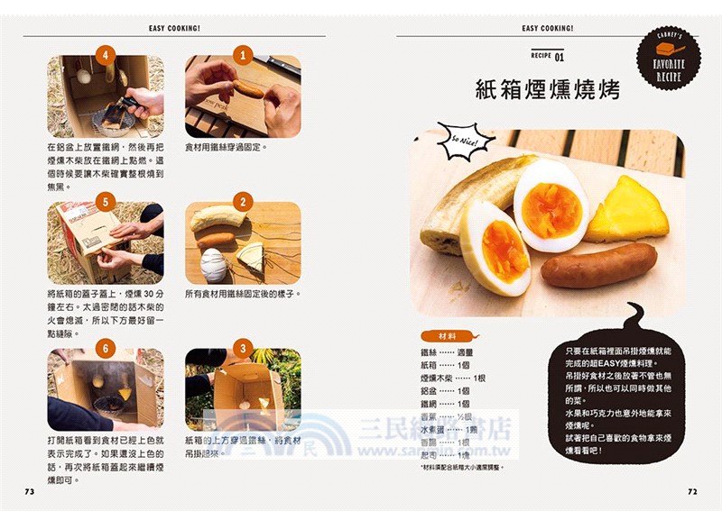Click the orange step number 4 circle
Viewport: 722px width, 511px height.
click(106, 56)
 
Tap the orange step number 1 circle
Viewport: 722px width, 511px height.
click(242, 56)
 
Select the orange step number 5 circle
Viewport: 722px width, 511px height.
click(106, 202)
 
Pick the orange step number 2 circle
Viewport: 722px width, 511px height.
click(242, 202)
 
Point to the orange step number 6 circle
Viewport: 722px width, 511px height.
click(106, 349)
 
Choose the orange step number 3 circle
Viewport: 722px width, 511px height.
click(242, 349)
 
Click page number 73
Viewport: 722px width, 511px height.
click(29, 491)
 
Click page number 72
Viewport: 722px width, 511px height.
click(692, 491)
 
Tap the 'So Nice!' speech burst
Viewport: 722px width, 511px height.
click(466, 141)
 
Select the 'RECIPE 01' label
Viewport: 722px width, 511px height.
click(547, 57)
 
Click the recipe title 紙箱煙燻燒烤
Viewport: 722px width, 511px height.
click(547, 90)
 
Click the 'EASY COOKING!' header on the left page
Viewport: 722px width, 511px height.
click(174, 28)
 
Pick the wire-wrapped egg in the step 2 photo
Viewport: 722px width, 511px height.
click(215, 265)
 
